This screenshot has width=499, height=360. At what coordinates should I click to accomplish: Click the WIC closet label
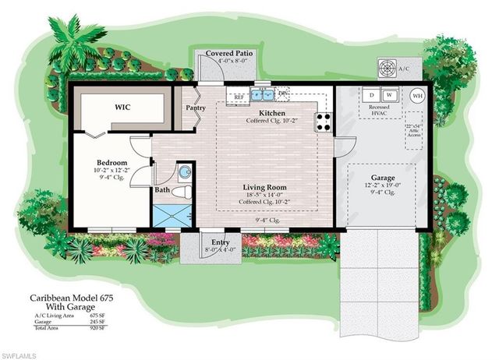coord(122,106)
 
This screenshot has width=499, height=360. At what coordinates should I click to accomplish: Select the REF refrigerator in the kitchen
coord(238,98)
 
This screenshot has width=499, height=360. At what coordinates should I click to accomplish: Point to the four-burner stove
coord(322,122)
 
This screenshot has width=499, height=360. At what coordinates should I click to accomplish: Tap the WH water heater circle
coord(417,96)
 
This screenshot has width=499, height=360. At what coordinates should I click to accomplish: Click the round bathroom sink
coord(184,171)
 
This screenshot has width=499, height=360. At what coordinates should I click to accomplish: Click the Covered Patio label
coord(226,54)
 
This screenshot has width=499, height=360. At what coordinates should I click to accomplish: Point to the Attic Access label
coord(413,131)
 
